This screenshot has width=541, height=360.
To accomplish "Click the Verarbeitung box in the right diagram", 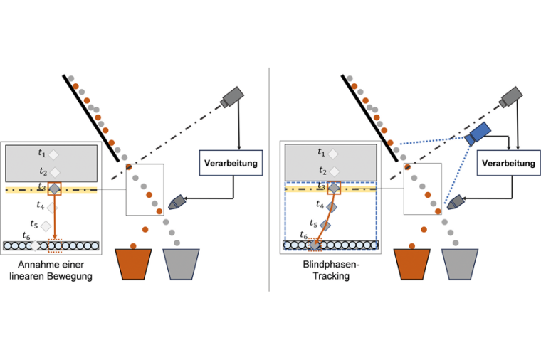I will pos(508,164).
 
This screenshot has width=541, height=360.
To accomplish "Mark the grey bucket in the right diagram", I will pos(462,263).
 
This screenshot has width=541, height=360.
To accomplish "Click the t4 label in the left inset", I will pos(41,206).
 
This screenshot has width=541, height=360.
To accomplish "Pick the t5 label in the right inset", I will pos(314,223).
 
